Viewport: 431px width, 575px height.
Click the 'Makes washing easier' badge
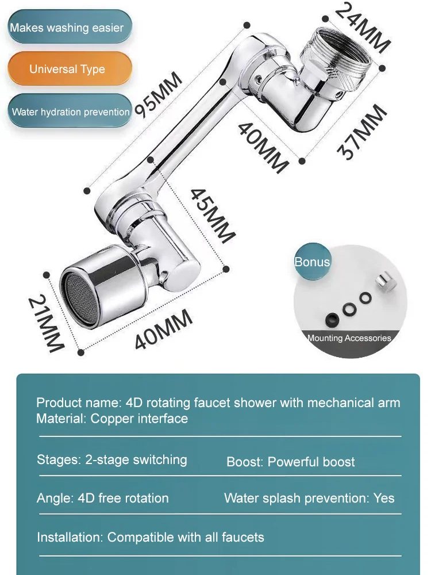pyautogui.click(x=67, y=27)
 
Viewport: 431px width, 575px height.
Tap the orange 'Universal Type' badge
pyautogui.click(x=67, y=69)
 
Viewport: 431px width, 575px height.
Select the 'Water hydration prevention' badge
pyautogui.click(x=70, y=112)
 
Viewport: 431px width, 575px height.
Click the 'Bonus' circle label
pyautogui.click(x=312, y=262)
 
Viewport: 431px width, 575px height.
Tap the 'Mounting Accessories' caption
pyautogui.click(x=349, y=338)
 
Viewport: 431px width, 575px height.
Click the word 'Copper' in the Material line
pyautogui.click(x=111, y=419)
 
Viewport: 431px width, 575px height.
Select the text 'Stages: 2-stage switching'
pyautogui.click(x=112, y=460)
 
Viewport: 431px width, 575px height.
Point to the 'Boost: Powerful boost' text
pyautogui.click(x=290, y=462)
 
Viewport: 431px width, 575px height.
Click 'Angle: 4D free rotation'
pyautogui.click(x=103, y=498)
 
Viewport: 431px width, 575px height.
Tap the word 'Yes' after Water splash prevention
pyautogui.click(x=384, y=498)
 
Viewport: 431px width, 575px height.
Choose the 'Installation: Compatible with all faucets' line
pyautogui.click(x=151, y=537)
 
